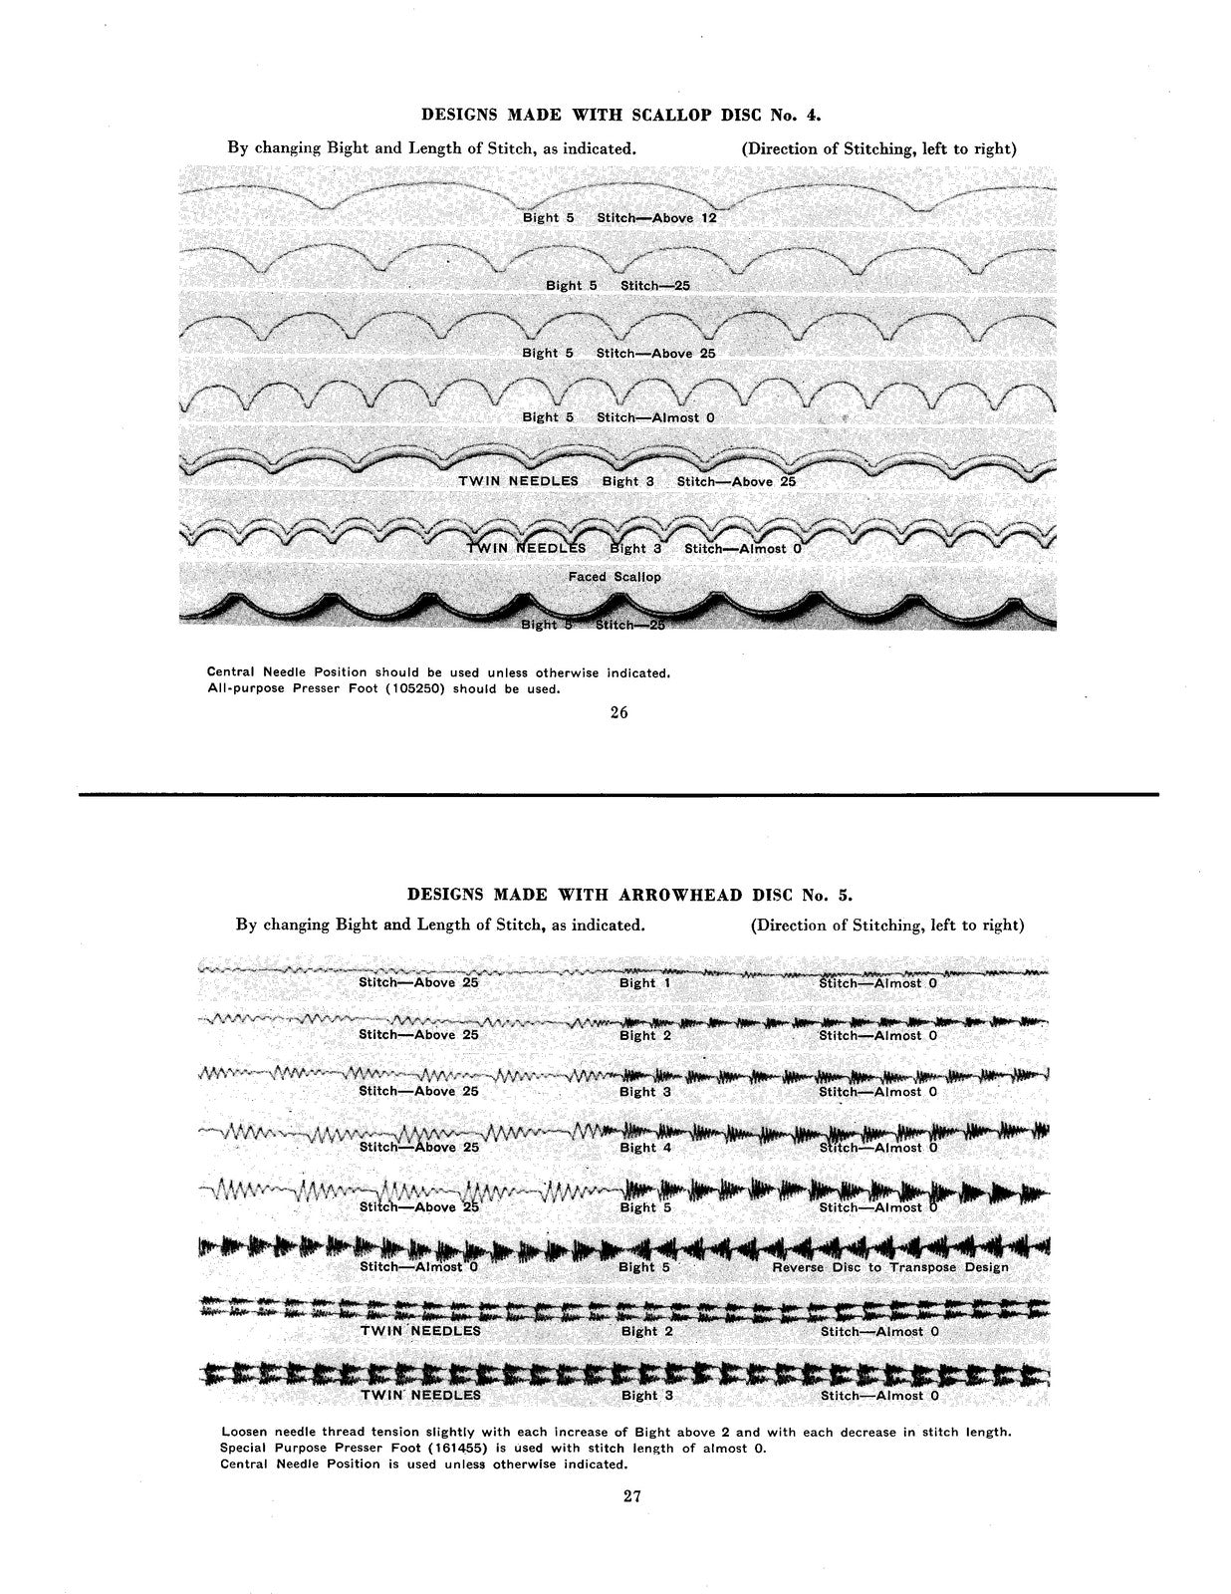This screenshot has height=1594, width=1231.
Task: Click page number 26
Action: (618, 712)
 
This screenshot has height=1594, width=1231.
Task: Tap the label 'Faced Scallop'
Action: (615, 577)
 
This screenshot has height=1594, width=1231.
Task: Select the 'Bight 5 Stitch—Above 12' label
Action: (619, 217)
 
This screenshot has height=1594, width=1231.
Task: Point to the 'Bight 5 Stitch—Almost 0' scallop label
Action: (618, 417)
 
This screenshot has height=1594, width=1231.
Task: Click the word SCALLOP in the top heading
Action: (670, 115)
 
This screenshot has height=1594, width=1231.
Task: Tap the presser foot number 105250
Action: (405, 688)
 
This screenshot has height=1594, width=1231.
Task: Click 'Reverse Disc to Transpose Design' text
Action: (890, 1267)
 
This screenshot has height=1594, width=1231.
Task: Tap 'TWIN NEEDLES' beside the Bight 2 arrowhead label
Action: (420, 1331)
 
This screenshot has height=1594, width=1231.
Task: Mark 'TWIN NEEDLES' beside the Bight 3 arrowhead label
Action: (420, 1395)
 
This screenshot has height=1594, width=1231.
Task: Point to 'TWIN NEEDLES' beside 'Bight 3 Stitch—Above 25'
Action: (518, 481)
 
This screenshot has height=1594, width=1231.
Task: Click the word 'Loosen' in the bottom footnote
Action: (244, 1432)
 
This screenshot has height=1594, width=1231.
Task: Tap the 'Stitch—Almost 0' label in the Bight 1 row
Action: (878, 983)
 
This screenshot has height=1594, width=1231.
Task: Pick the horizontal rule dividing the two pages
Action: (618, 794)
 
